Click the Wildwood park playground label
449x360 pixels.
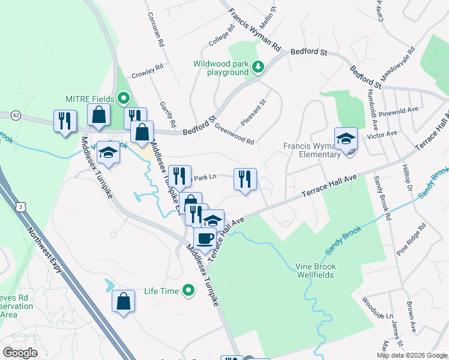tap(220, 68)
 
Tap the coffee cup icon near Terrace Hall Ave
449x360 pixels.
tap(205, 238)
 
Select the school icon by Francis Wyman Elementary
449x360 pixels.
tap(346, 139)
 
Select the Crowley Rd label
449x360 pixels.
tap(147, 70)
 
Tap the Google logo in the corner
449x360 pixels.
tap(20, 353)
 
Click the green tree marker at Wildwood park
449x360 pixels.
tap(258, 67)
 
